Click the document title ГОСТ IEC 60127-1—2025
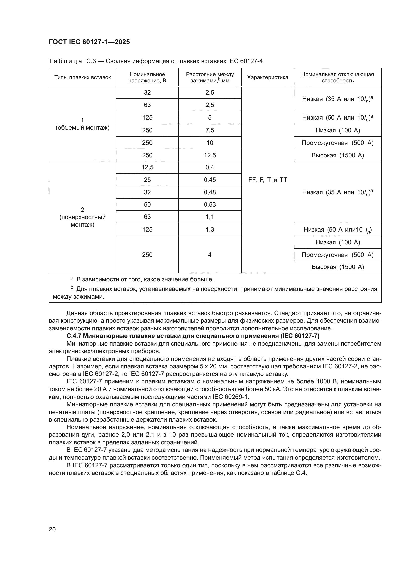click(x=89, y=42)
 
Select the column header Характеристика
click(x=268, y=77)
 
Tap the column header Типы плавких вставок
click(x=82, y=77)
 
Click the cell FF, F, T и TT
click(x=268, y=180)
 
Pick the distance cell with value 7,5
click(x=210, y=130)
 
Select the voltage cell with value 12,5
click(x=147, y=167)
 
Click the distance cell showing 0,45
click(x=210, y=180)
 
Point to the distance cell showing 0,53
click(x=210, y=204)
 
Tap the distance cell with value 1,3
click(x=210, y=229)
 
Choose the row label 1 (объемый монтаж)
click(x=82, y=124)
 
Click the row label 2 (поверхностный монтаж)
click(x=82, y=217)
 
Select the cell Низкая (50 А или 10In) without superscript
click(x=338, y=230)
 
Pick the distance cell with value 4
click(x=210, y=255)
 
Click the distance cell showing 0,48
click(x=210, y=192)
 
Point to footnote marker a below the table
click(x=72, y=278)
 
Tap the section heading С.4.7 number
click(x=74, y=336)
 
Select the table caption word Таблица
click(x=65, y=61)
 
